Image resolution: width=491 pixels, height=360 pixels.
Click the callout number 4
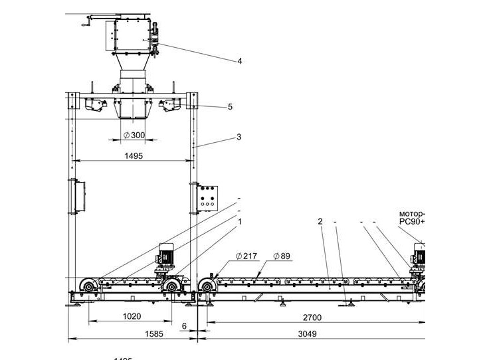pos(240,61)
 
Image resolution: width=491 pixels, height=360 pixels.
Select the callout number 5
pos(230,106)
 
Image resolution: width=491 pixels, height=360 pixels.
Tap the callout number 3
pos(239,138)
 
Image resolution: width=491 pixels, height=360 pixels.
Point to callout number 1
pos(240,221)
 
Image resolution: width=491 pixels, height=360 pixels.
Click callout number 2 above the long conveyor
pos(320,221)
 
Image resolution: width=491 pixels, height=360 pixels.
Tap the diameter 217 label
pos(246,256)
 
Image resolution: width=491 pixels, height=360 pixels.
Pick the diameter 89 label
pos(282,256)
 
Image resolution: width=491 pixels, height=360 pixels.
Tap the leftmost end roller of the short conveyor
pos(86,287)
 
